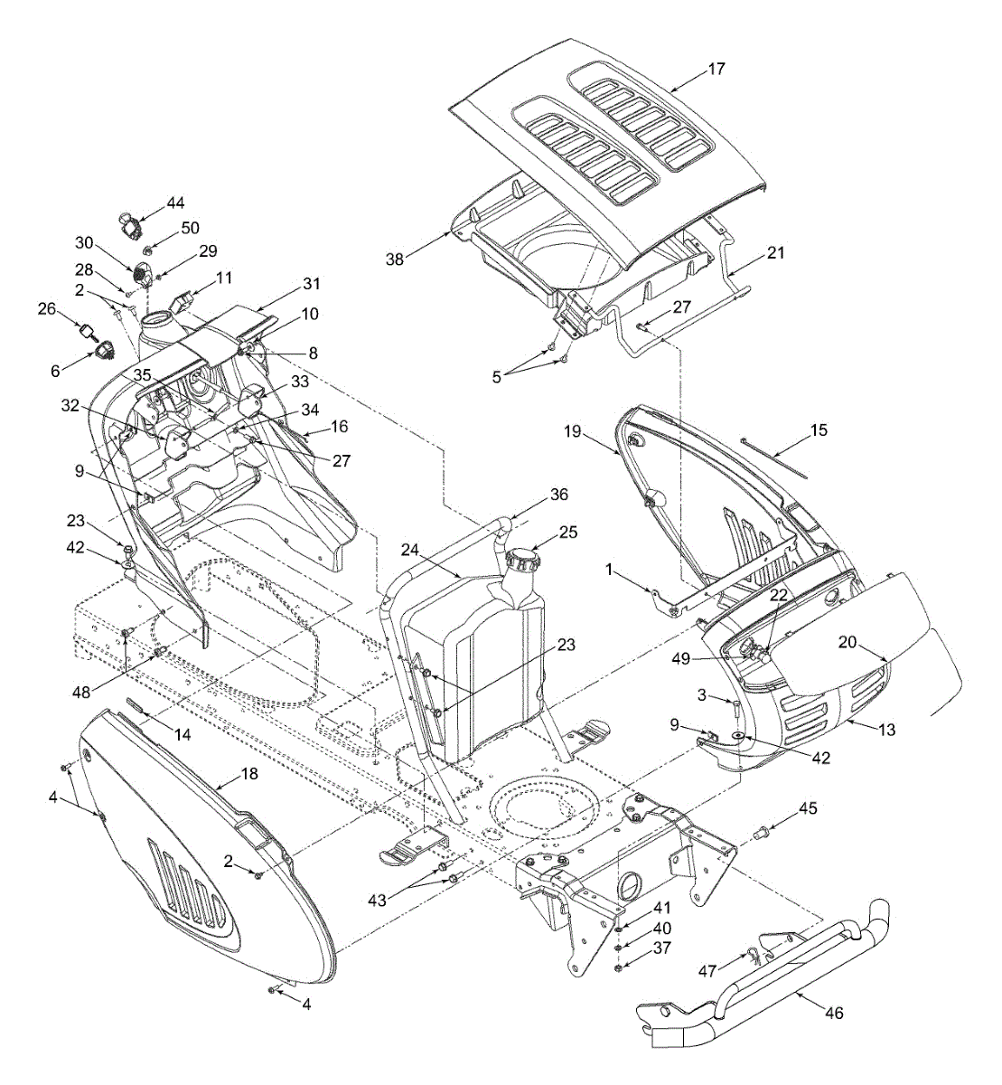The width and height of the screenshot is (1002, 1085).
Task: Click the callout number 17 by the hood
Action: [716, 69]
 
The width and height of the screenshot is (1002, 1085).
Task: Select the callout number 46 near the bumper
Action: [833, 1014]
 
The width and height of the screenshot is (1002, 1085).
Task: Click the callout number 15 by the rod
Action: [817, 430]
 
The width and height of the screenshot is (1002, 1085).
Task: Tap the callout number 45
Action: [808, 808]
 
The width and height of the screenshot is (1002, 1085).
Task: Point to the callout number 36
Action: [559, 495]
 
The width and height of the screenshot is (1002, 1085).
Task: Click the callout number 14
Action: [183, 735]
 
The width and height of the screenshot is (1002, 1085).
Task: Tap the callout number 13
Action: [886, 730]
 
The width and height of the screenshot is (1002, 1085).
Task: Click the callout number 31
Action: [311, 283]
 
